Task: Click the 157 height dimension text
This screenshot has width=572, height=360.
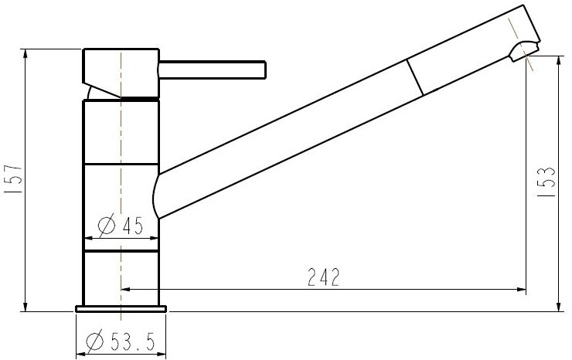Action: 14,181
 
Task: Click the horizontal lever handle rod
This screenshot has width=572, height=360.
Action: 213,71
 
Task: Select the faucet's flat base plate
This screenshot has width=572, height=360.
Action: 121,309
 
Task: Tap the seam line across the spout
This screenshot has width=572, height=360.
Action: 416,77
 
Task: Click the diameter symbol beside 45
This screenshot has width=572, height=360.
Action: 107,226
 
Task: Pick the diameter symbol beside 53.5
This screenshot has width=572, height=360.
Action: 96,341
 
